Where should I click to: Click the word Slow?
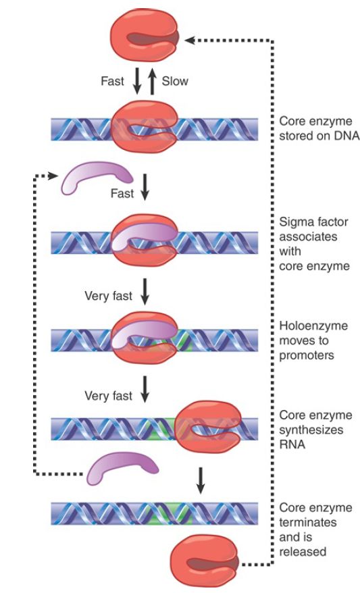point(175,81)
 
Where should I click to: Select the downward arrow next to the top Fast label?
point(137,81)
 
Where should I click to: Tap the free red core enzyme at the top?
point(145,38)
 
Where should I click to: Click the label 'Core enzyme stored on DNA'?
point(319,128)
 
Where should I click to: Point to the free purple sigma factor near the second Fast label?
point(97,177)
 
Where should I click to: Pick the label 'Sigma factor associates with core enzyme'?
point(314,244)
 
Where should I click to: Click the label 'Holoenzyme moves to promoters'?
point(313,340)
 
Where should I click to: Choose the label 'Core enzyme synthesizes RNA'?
point(315,430)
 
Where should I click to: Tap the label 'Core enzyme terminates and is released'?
point(315,530)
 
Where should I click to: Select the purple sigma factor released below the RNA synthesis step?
point(122,469)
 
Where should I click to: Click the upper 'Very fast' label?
point(109,296)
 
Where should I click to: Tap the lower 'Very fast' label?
point(109,396)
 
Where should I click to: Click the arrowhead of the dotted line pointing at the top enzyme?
point(190,40)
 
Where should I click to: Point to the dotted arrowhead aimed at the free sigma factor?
point(53,176)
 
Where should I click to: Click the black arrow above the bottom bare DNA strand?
point(201,480)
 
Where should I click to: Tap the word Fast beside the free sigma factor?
point(122,194)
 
